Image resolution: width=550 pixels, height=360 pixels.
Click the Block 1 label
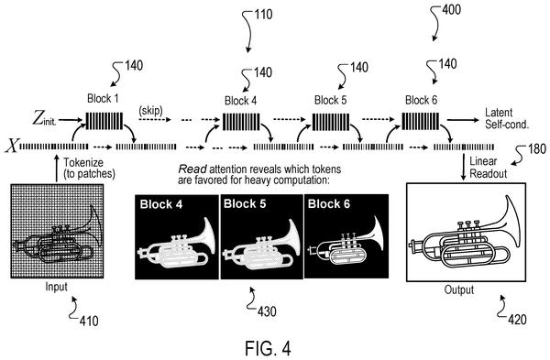tap(103, 99)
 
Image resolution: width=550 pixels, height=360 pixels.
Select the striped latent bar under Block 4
tap(241, 121)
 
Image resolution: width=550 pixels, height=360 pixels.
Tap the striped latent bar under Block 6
tap(420, 121)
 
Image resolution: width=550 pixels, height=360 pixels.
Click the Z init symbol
tap(44, 118)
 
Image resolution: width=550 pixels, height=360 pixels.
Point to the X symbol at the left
tap(11, 146)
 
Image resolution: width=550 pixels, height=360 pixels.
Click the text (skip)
tap(151, 111)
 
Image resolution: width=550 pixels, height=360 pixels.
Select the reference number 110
tap(262, 15)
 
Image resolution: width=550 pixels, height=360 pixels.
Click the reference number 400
tap(451, 9)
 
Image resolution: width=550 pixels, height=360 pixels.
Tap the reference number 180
tap(536, 149)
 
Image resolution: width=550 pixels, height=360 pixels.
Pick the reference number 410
tap(89, 321)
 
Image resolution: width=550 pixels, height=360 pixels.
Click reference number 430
tap(267, 311)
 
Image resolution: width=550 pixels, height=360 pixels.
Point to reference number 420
tap(517, 320)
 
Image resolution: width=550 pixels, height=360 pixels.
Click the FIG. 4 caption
tap(268, 348)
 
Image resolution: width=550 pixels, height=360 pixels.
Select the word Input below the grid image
tap(56, 287)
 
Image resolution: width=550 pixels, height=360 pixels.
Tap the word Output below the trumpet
tap(459, 289)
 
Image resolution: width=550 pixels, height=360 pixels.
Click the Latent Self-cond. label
tap(507, 118)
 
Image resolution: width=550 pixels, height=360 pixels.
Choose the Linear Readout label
tap(489, 168)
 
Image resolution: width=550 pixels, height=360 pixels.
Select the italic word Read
tap(192, 169)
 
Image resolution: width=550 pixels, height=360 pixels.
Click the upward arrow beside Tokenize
tap(57, 169)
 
